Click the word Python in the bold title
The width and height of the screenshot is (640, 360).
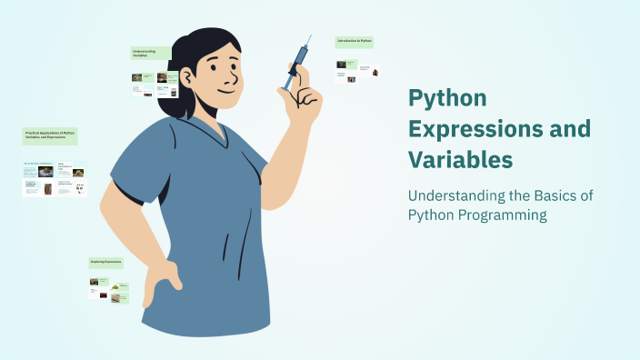click(x=448, y=99)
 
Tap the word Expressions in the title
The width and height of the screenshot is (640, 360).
click(x=479, y=128)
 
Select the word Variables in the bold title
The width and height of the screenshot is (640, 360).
click(x=461, y=159)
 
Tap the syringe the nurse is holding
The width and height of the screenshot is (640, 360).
click(x=296, y=65)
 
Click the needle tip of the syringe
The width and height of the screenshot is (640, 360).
click(x=309, y=37)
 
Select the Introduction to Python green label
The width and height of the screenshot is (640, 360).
click(x=355, y=42)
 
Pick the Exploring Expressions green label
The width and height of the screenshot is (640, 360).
click(x=107, y=262)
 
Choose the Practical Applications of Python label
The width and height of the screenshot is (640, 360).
click(x=51, y=136)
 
